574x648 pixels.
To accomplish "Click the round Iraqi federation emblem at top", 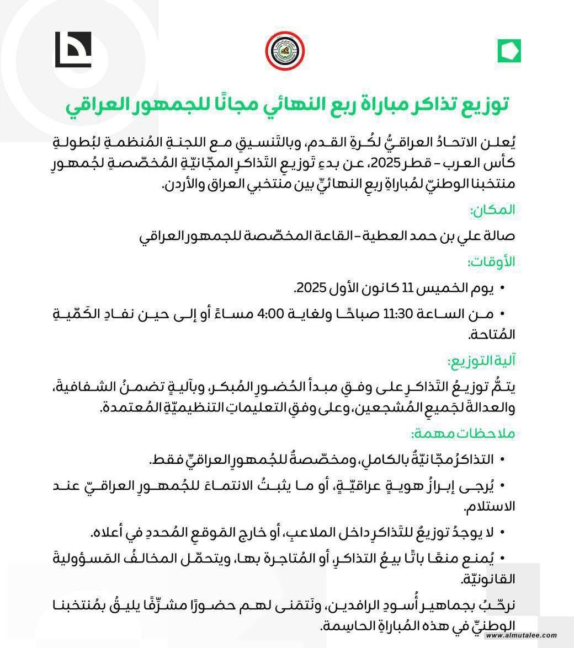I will click(x=285, y=51).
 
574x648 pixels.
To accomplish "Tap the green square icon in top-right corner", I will click(x=509, y=51).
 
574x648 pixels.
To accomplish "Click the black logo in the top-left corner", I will click(x=73, y=50).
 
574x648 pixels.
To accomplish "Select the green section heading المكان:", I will click(x=492, y=210).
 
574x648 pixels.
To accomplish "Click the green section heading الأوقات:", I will click(x=491, y=262).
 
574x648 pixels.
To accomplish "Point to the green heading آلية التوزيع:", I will click(x=481, y=361).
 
